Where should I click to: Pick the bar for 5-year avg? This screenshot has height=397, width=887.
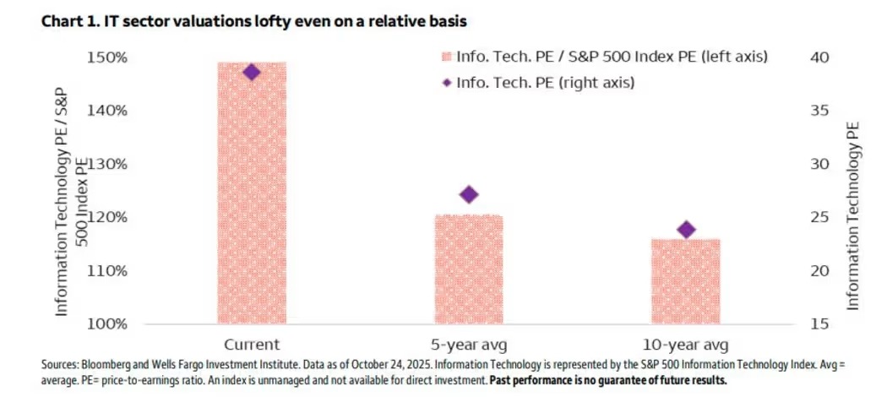pos(469,269)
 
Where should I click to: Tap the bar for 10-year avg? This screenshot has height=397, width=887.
pos(686,281)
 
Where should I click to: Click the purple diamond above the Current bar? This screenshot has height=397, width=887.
pos(252,73)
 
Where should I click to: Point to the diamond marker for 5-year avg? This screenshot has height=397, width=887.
pos(469,194)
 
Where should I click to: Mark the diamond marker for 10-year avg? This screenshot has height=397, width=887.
pos(686,230)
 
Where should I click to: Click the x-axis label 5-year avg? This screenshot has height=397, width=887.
pos(469,345)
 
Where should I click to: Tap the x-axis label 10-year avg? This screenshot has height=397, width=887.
pos(686,345)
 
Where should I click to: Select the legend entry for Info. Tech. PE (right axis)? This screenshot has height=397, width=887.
pos(545,83)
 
